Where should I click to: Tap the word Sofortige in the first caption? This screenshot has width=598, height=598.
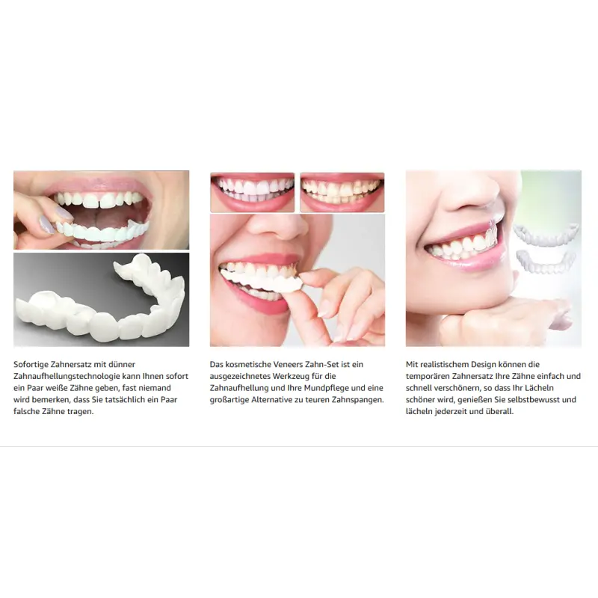pos(31,365)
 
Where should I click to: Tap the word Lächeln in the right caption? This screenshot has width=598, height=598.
pos(539,388)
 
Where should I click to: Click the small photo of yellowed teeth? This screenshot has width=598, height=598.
pos(342,192)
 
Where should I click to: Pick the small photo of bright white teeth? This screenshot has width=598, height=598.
pos(252,192)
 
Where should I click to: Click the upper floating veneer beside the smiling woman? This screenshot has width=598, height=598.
pos(546,233)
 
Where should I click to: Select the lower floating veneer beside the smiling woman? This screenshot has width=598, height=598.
pos(546,262)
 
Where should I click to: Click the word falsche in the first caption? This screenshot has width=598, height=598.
pos(27,412)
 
